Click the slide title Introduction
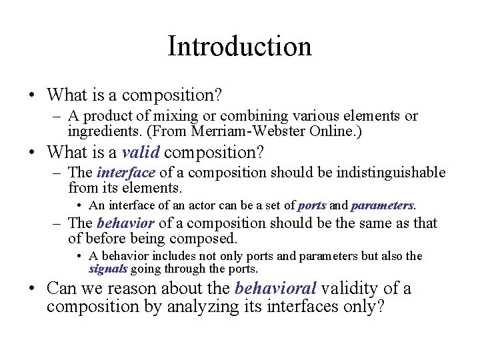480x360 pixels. (239, 47)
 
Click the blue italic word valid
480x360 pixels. (141, 153)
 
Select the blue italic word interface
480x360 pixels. (125, 173)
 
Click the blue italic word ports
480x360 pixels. (311, 205)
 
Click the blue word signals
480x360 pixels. (108, 269)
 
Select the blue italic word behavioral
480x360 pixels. (275, 289)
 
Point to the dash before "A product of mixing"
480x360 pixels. (57, 116)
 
